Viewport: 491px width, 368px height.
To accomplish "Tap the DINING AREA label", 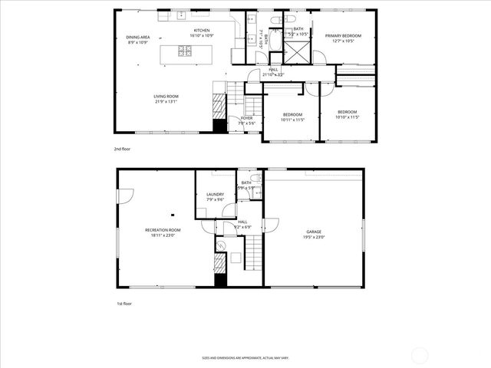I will click(x=137, y=37).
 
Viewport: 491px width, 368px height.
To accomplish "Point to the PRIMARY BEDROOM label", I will click(x=343, y=35).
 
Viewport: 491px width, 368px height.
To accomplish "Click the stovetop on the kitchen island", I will click(x=185, y=52).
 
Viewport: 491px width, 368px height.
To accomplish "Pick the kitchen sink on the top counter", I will click(x=181, y=15).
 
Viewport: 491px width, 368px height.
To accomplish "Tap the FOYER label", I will click(x=246, y=117).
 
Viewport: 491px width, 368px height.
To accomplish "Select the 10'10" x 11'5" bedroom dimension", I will click(x=348, y=117).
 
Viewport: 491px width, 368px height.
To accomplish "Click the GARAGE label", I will click(x=314, y=232).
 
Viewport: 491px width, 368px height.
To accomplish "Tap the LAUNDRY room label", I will click(x=215, y=194).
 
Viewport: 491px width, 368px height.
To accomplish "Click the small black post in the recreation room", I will click(x=173, y=215).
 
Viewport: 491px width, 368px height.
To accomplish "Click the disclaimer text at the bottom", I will click(x=245, y=357).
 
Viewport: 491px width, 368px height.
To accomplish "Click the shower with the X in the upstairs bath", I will click(x=295, y=52).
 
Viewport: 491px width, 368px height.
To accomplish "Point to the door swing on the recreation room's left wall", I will click(x=120, y=196).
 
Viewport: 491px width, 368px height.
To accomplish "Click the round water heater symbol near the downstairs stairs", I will click(x=220, y=245).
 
